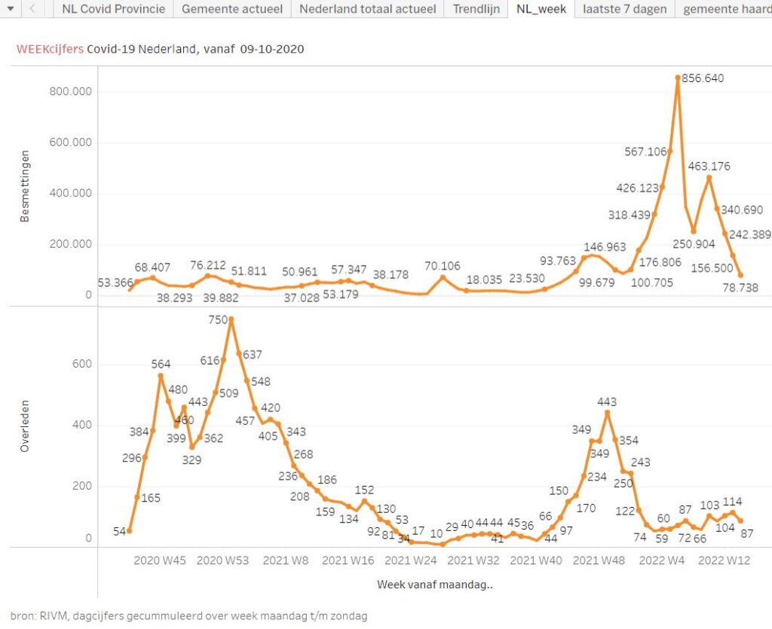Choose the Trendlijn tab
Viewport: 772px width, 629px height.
(476, 10)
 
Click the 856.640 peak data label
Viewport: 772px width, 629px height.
(703, 78)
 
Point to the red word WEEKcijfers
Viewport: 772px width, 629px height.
(50, 49)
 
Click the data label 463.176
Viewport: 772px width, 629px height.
(708, 166)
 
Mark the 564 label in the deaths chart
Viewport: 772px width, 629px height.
(161, 364)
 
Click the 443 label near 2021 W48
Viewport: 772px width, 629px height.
(607, 402)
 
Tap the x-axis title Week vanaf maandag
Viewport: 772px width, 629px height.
(434, 584)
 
